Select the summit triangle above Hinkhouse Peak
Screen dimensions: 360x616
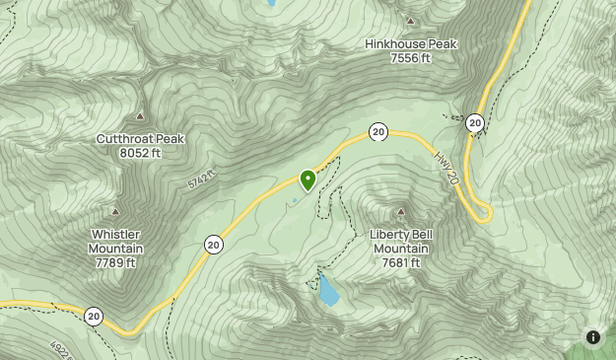coord(411,21)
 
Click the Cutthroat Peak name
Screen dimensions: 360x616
coord(140,139)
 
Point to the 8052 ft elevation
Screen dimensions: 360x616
coord(140,153)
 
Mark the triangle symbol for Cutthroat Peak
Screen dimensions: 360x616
coord(140,116)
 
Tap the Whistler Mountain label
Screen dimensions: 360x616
coord(116,241)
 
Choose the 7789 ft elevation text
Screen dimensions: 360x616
coord(116,263)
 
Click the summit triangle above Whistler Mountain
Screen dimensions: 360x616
coord(115,211)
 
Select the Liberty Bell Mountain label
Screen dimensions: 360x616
coord(401,241)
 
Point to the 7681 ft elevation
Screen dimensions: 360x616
coord(401,263)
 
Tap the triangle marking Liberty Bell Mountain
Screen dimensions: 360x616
coord(401,212)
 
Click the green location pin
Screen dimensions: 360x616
coord(308,180)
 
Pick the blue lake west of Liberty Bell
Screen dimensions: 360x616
coord(327,291)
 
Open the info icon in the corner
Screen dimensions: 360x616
coord(593,337)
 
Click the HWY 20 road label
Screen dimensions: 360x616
coord(445,168)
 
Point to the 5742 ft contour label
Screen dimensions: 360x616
coord(200,179)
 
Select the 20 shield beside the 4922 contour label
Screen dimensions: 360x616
coord(93,317)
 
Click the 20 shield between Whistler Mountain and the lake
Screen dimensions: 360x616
coord(214,244)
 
